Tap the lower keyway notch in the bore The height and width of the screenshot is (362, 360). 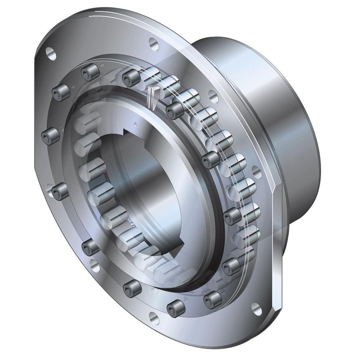click(x=179, y=241)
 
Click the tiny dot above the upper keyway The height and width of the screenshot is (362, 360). click(x=135, y=123)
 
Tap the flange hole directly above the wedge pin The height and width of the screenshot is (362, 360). click(x=153, y=44)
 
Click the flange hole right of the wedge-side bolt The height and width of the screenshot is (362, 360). click(x=212, y=95)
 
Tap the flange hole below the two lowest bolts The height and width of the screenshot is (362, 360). click(x=154, y=318)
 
